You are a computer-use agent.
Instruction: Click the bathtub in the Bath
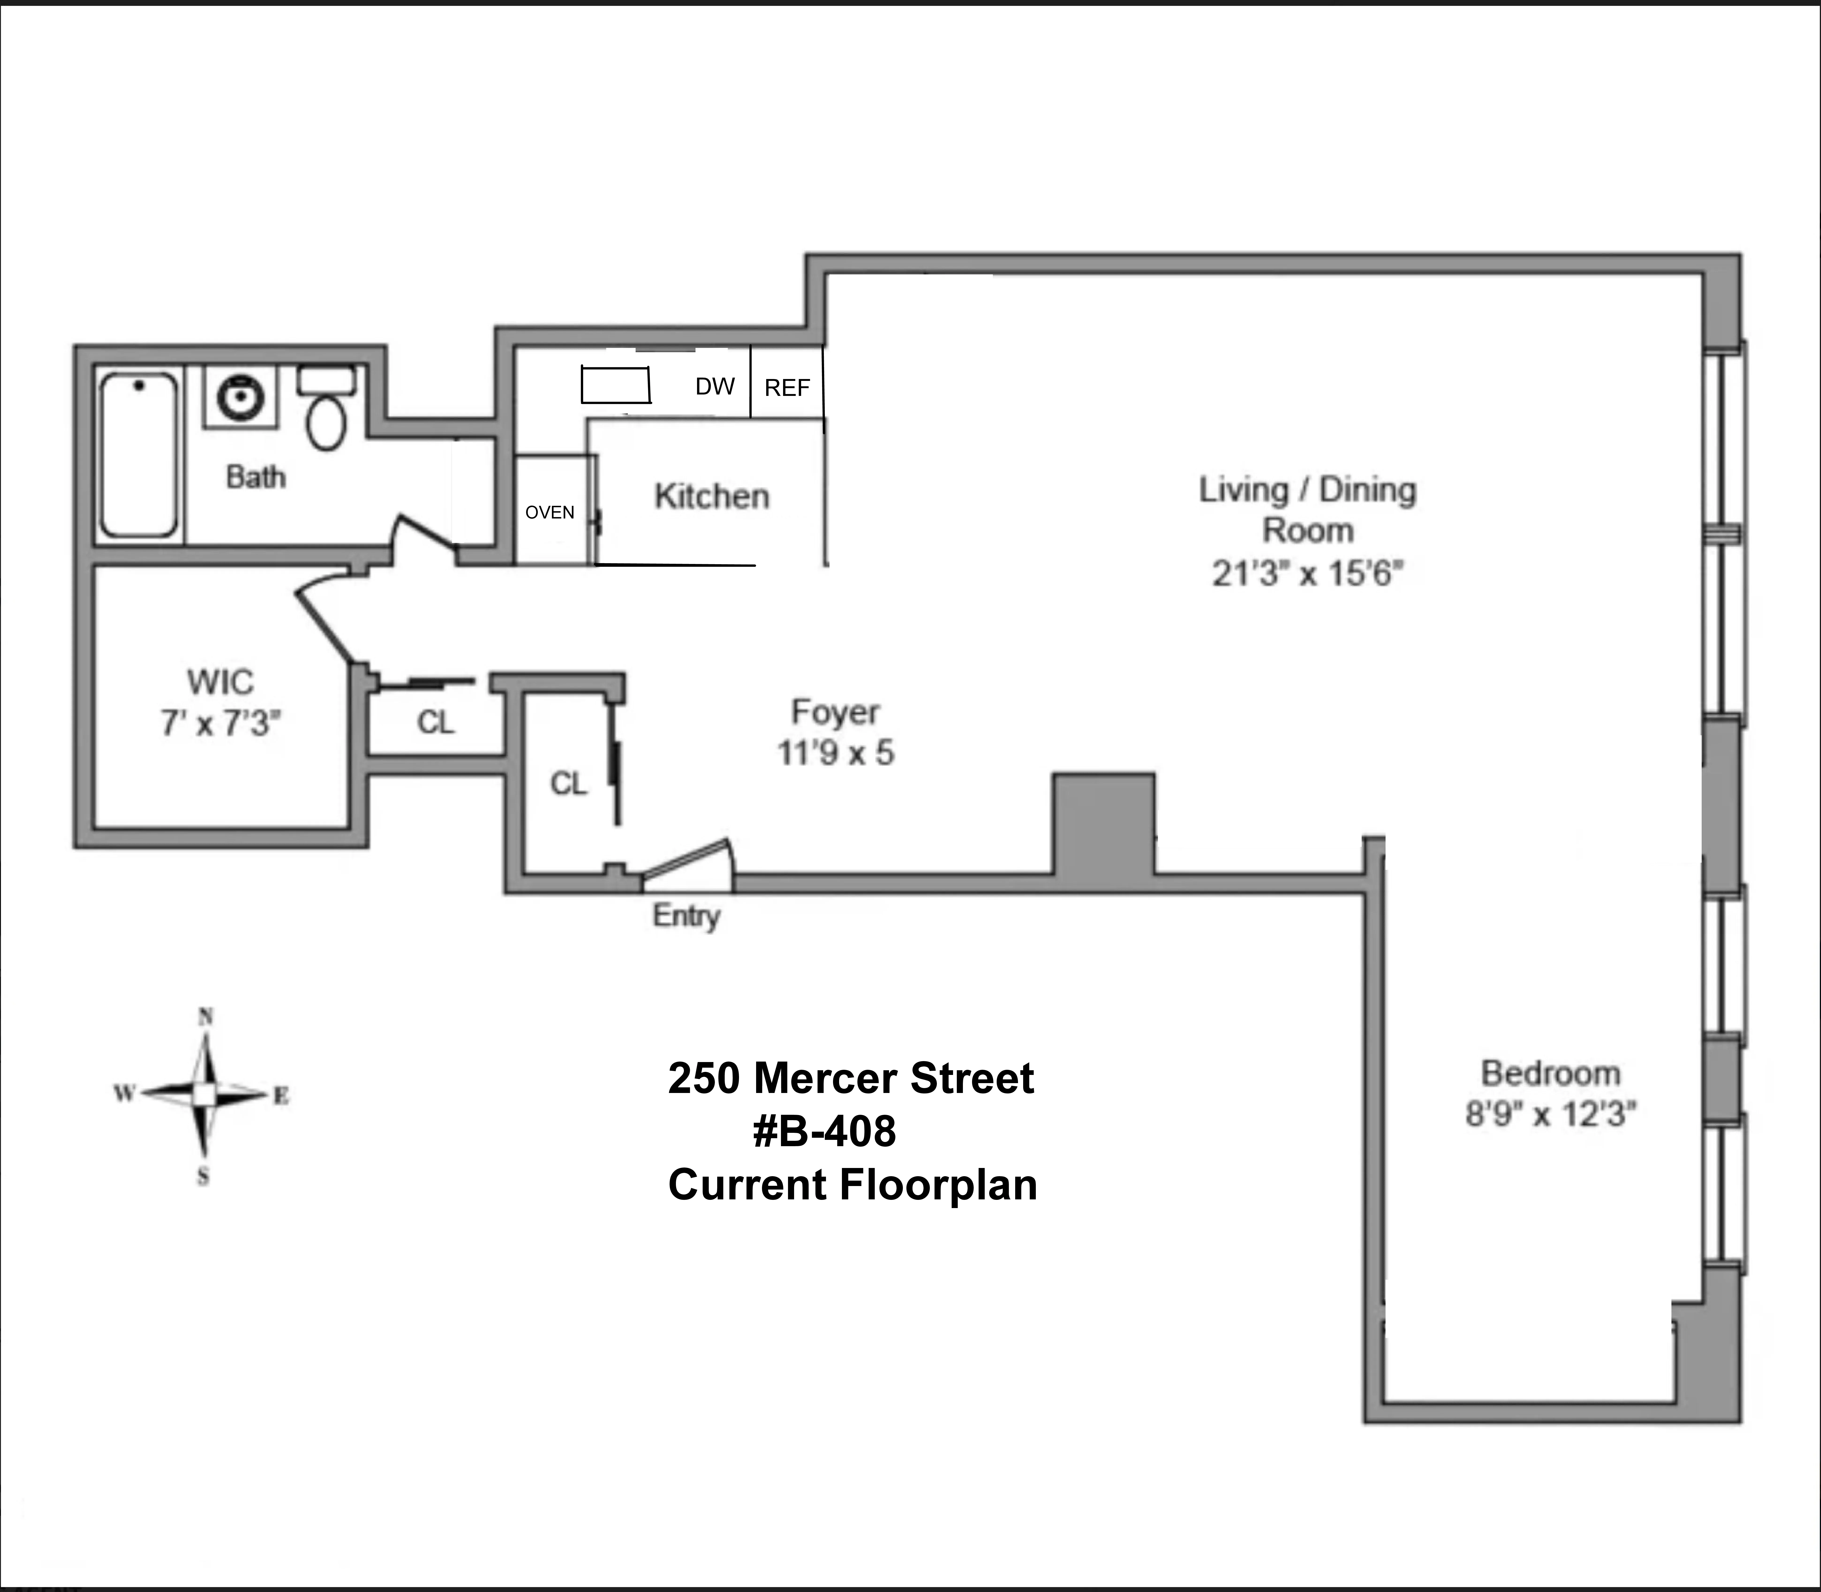(x=138, y=455)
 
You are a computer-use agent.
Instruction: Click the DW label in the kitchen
(x=715, y=387)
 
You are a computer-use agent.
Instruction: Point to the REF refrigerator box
(x=787, y=387)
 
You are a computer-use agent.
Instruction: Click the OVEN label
(x=549, y=513)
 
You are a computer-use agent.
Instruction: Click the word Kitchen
(x=712, y=497)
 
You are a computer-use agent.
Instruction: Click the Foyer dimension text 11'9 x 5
(x=835, y=753)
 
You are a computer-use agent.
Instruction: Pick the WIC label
(x=220, y=682)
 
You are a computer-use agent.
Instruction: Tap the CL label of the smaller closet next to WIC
(x=435, y=722)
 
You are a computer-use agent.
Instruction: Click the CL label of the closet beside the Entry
(x=569, y=783)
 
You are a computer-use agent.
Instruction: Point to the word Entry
(x=686, y=916)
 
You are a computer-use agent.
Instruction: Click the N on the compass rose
(x=205, y=1017)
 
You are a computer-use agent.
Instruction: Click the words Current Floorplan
(x=852, y=1185)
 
